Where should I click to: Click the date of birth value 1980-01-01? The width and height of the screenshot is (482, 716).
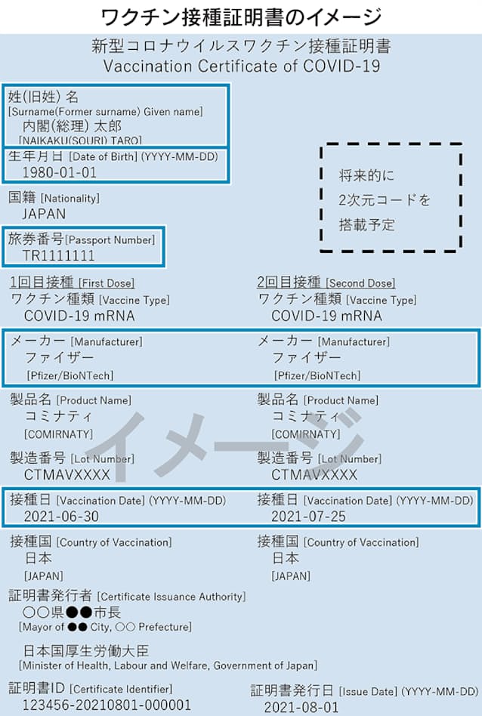tap(60, 173)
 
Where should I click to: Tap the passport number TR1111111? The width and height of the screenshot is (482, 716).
tap(58, 256)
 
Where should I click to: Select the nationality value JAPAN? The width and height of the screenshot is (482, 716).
tap(44, 214)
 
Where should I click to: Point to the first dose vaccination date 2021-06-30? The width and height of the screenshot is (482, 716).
tap(61, 517)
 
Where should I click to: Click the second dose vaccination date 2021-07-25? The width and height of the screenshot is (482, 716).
tap(308, 517)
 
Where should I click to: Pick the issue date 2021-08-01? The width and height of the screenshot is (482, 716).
tap(301, 708)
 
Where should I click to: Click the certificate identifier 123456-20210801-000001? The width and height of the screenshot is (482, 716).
tap(107, 705)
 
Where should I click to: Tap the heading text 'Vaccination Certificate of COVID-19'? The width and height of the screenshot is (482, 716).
tap(242, 66)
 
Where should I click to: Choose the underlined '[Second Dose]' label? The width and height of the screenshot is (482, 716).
tap(361, 283)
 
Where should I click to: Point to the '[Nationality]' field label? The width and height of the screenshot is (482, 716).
tap(70, 198)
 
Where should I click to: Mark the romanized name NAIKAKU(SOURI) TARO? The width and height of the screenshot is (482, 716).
tap(80, 140)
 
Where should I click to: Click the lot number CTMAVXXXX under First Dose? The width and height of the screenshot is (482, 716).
tap(67, 475)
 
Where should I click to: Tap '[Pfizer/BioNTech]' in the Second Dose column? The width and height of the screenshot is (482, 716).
tap(317, 376)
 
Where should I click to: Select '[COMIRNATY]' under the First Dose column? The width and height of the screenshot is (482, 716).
tap(58, 434)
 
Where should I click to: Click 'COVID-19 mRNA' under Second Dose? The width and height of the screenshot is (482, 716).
tap(326, 316)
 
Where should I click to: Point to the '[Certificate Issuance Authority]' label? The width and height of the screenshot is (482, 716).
tap(171, 597)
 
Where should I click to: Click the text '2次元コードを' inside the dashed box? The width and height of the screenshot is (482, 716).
tap(385, 200)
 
